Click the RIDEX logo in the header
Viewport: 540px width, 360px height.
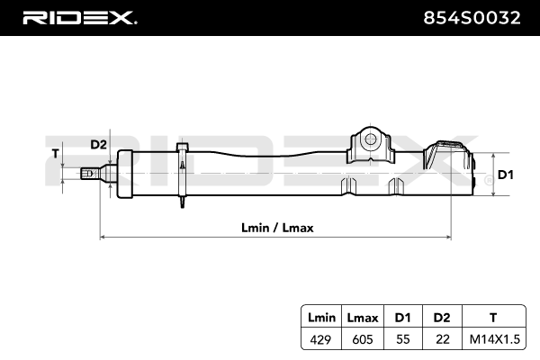pos(78,17)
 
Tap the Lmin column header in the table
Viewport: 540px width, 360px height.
pos(321,317)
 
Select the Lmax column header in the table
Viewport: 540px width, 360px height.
pos(362,317)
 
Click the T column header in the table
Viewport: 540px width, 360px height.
pos(491,317)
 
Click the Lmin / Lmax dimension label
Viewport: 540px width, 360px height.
pos(277,227)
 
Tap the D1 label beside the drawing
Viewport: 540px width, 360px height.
pos(505,175)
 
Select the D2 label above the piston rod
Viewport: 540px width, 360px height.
pos(98,145)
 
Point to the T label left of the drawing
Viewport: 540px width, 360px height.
pos(57,154)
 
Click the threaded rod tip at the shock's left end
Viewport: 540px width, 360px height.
pos(86,174)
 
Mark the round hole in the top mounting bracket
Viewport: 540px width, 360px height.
pos(368,139)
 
